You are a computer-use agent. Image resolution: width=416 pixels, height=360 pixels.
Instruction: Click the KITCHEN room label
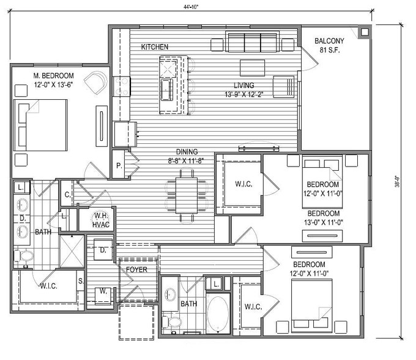(x=154, y=47)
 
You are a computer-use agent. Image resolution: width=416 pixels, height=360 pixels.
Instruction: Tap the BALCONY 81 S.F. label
(x=329, y=45)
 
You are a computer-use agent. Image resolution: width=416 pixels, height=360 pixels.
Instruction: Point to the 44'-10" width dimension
(x=191, y=7)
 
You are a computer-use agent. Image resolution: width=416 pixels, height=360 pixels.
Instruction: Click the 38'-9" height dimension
(x=397, y=181)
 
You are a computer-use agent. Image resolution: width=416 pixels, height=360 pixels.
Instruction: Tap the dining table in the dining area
(x=186, y=195)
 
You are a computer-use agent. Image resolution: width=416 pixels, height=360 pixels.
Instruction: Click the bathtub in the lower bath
(x=218, y=313)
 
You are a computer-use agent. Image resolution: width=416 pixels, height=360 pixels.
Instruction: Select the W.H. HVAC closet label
(x=101, y=220)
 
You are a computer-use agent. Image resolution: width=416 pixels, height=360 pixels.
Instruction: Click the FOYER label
(x=136, y=270)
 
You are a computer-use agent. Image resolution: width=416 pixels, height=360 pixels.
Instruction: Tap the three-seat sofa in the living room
(x=252, y=42)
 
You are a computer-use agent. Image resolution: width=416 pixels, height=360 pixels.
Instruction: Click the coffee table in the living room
(x=252, y=68)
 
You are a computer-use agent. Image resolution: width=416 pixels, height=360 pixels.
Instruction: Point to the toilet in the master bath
(x=24, y=256)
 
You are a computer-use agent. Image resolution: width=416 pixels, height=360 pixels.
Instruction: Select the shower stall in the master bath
(x=72, y=251)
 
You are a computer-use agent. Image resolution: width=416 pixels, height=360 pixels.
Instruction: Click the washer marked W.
(x=103, y=295)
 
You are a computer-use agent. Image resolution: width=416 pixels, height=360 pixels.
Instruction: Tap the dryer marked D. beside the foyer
(x=103, y=250)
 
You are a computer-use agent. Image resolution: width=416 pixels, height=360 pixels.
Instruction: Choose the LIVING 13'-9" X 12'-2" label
(x=244, y=90)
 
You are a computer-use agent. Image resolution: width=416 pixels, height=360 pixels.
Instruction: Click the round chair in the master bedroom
(x=96, y=82)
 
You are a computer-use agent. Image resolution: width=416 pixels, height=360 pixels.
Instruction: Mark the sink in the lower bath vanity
(x=170, y=294)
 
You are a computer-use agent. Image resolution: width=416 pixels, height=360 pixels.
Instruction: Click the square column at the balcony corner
(x=365, y=32)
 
